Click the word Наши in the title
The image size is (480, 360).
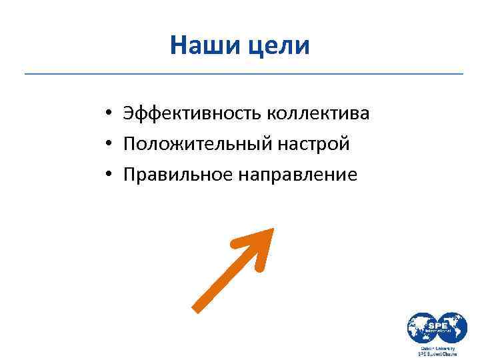201,46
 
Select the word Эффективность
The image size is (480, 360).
192,113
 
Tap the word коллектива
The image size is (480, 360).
318,113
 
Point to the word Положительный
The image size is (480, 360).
194,144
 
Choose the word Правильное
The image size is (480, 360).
177,175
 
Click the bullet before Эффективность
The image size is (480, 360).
107,114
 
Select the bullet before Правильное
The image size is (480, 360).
107,175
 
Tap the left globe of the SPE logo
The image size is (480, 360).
423,329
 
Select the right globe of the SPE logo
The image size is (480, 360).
452,327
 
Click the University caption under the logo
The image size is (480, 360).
437,348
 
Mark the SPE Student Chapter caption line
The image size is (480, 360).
437,355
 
